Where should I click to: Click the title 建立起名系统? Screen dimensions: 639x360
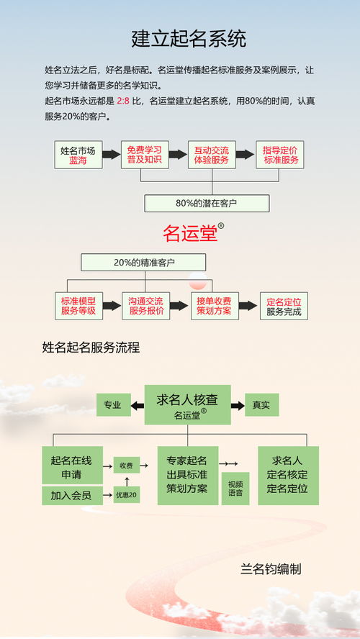click(189, 38)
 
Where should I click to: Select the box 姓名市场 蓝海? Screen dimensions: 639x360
click(78, 155)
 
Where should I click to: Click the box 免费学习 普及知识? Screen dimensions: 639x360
click(144, 155)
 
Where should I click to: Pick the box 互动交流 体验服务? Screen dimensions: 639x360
click(211, 155)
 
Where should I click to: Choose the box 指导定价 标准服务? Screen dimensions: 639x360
click(279, 155)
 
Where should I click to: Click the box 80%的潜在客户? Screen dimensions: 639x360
click(207, 204)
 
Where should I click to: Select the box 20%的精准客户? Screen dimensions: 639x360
click(143, 263)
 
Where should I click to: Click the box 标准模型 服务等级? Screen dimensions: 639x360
click(78, 306)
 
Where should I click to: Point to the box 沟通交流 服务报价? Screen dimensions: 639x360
click(146, 306)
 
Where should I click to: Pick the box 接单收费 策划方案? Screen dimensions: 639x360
click(213, 306)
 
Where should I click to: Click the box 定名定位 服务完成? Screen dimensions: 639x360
click(283, 307)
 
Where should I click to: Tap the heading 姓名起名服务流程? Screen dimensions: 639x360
click(91, 348)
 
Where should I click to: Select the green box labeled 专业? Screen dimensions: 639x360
click(113, 404)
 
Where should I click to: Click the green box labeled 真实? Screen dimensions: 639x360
click(261, 404)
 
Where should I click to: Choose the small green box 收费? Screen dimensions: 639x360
click(126, 466)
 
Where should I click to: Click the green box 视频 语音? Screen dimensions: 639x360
click(235, 488)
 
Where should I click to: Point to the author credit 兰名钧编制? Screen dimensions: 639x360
click(271, 569)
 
